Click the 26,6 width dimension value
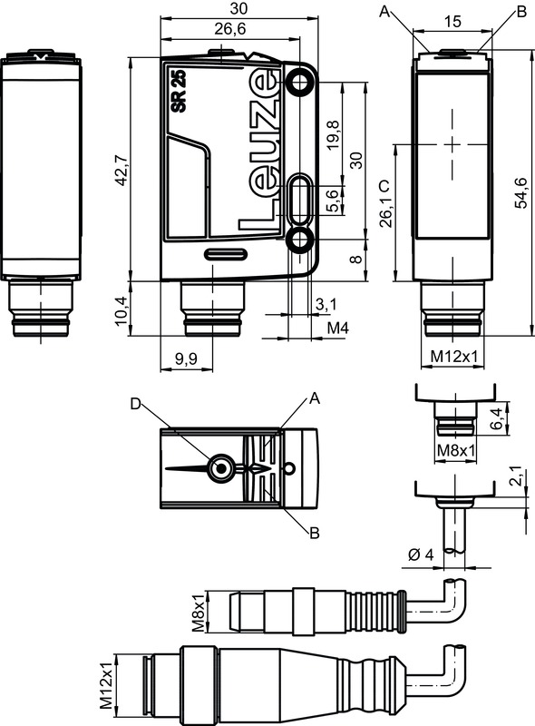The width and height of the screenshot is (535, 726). [230, 29]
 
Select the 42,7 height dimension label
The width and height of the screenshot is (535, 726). [122, 170]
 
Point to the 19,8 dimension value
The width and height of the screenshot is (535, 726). [333, 134]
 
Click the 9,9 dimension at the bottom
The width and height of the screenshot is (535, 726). [187, 358]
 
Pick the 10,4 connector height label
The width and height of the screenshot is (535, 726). [122, 310]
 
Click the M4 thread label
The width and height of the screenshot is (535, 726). [338, 328]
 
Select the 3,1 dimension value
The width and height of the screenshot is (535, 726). [326, 304]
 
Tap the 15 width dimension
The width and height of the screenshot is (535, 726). [452, 21]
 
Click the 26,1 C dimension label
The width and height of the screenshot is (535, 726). [385, 202]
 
